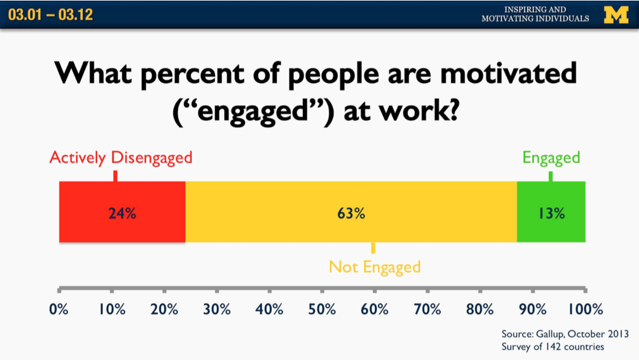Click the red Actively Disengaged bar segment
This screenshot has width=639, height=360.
tap(92, 212)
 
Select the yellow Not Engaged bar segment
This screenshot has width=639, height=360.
tap(295, 212)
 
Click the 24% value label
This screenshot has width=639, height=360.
tap(122, 214)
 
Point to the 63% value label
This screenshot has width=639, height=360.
tap(351, 214)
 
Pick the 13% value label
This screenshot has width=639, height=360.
tap(551, 214)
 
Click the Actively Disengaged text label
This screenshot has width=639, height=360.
tap(120, 158)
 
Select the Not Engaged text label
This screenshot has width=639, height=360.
tap(374, 267)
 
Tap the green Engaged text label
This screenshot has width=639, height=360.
tap(551, 158)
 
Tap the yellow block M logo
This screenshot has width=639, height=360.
tap(616, 14)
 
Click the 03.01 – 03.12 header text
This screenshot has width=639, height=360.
tap(50, 15)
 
